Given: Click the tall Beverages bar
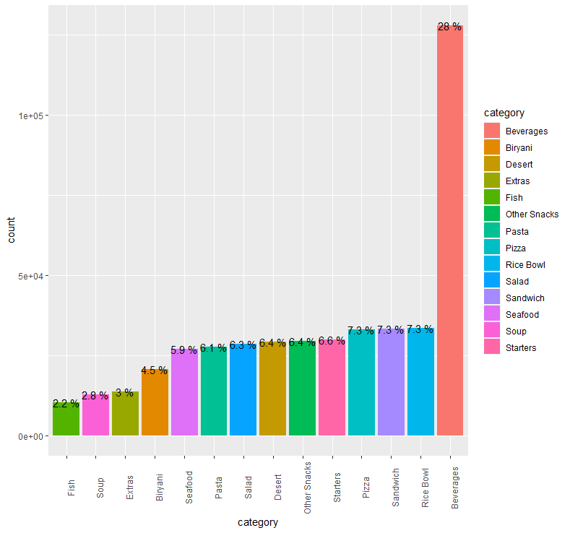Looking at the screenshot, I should point(449,231).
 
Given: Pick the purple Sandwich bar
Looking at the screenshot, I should point(391,383).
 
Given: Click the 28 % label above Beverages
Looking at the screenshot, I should point(449,27).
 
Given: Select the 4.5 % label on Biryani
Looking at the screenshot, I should point(155,370).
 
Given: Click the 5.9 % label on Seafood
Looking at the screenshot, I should point(184,350).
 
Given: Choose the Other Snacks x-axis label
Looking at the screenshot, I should point(308,487).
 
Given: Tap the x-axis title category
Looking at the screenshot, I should point(258,522).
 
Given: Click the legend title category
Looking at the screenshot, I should point(504,113).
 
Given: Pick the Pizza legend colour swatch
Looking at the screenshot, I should point(492,248).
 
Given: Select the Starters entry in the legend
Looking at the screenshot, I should point(521,348).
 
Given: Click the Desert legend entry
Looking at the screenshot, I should point(519,165).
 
